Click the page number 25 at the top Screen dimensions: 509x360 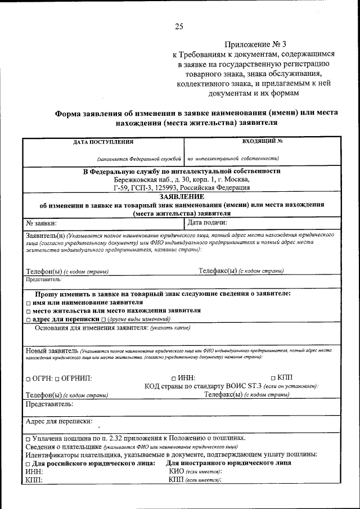(x=179, y=26)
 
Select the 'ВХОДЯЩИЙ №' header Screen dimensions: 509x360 (x=262, y=142)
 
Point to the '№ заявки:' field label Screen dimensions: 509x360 (x=42, y=223)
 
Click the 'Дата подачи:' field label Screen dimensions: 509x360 (x=207, y=223)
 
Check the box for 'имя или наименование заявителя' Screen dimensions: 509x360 (x=28, y=303)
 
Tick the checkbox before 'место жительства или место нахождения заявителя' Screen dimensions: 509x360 (x=28, y=310)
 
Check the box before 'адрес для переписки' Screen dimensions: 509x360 (x=28, y=319)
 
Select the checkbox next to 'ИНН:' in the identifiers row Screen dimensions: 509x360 (x=174, y=379)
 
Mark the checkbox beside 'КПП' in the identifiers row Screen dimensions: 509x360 (x=273, y=378)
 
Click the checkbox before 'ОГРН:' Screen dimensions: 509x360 (x=28, y=379)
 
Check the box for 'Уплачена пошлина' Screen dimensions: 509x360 (x=28, y=438)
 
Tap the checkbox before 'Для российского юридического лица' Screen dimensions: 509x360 (x=28, y=463)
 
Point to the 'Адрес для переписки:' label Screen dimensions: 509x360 (x=60, y=421)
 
